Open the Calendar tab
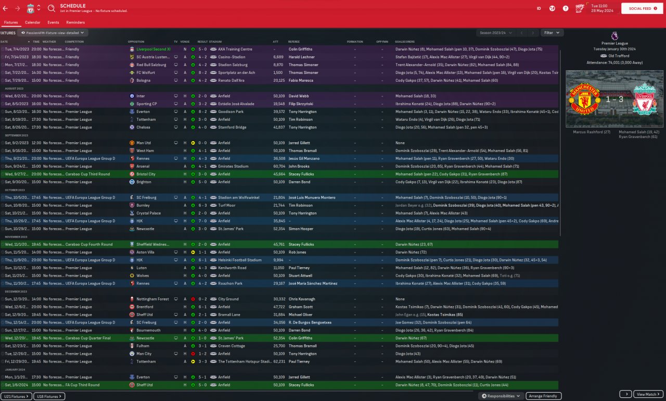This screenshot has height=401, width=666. click(x=33, y=22)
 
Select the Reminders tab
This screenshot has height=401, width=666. click(x=75, y=22)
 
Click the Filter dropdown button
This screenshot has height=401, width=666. click(x=552, y=33)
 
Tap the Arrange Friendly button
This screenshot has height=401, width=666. click(x=543, y=396)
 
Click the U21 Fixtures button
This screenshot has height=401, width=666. click(x=17, y=396)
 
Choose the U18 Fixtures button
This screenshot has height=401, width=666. click(x=50, y=396)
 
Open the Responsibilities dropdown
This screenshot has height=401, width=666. click(x=501, y=396)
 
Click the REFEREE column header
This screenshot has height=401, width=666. click(x=294, y=42)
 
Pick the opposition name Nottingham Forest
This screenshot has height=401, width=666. click(x=153, y=299)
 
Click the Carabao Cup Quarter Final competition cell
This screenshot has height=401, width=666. click(x=88, y=338)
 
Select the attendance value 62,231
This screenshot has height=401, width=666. click(x=278, y=361)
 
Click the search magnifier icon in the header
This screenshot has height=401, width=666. click(x=52, y=8)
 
